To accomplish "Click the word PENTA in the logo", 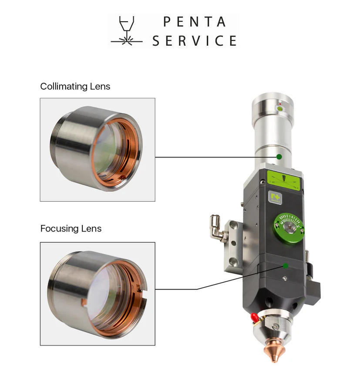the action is [x=195, y=22].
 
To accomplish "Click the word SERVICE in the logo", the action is [x=195, y=40].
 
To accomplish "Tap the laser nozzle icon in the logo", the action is [x=127, y=31].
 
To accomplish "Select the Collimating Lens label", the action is [x=75, y=87].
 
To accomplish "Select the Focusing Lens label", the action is [x=71, y=228].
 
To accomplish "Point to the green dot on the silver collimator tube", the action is [x=279, y=157].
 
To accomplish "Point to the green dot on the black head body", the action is [x=286, y=266].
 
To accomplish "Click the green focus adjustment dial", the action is [x=289, y=228].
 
